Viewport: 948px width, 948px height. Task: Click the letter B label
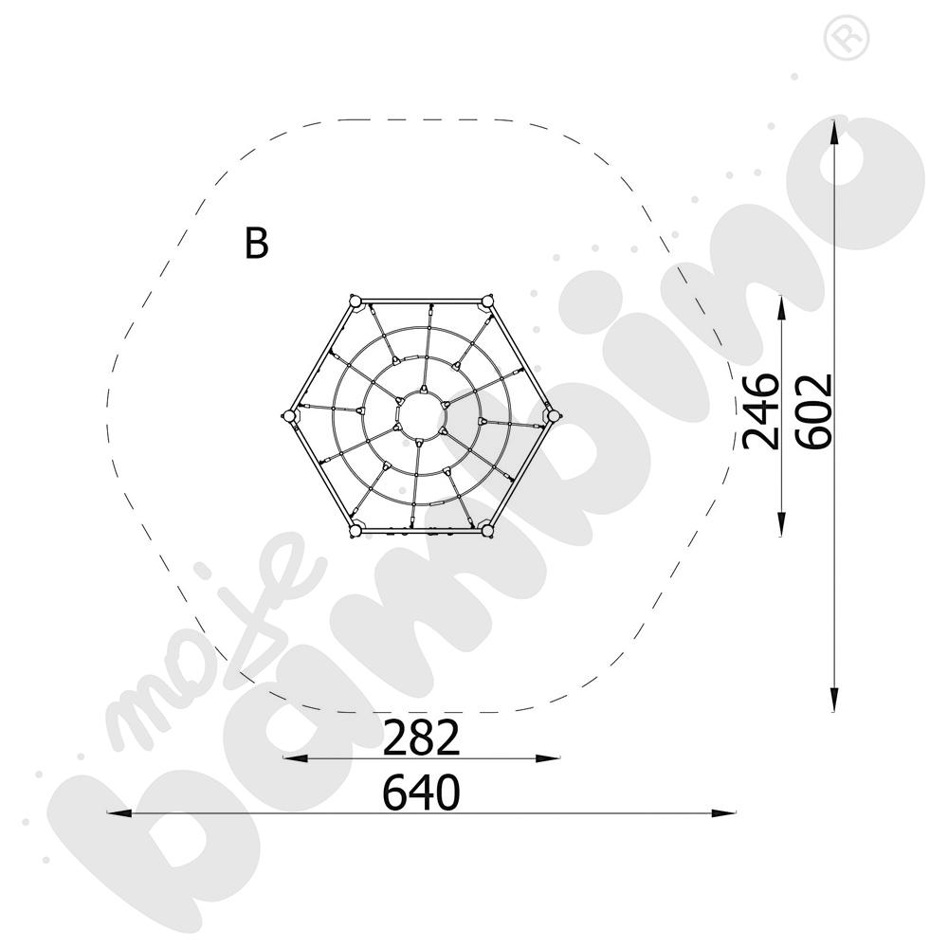click(256, 243)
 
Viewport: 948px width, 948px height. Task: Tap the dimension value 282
click(422, 738)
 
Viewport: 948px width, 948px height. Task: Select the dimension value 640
click(422, 793)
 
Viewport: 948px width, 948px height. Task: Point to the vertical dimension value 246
click(760, 411)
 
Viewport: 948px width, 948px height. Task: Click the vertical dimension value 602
click(814, 411)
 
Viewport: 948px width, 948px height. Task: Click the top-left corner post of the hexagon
click(355, 301)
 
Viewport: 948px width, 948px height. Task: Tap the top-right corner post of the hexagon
click(486, 301)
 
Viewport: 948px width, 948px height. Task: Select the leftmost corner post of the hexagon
click(289, 415)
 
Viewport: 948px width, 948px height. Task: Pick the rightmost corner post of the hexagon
click(553, 415)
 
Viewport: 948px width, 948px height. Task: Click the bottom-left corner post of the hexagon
click(355, 531)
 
